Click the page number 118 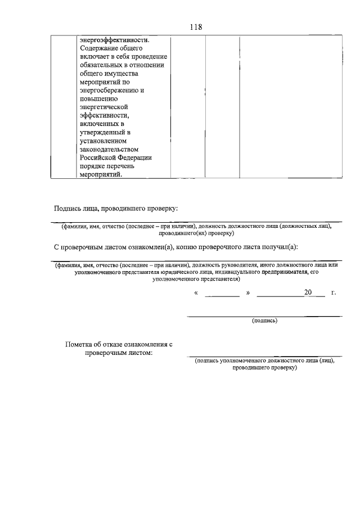pos(196,27)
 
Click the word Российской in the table pos(99,157)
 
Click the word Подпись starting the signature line pos(68,208)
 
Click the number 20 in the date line pos(308,293)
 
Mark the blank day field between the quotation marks pos(222,294)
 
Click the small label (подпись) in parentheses pos(264,321)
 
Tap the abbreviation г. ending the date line pos(334,293)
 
